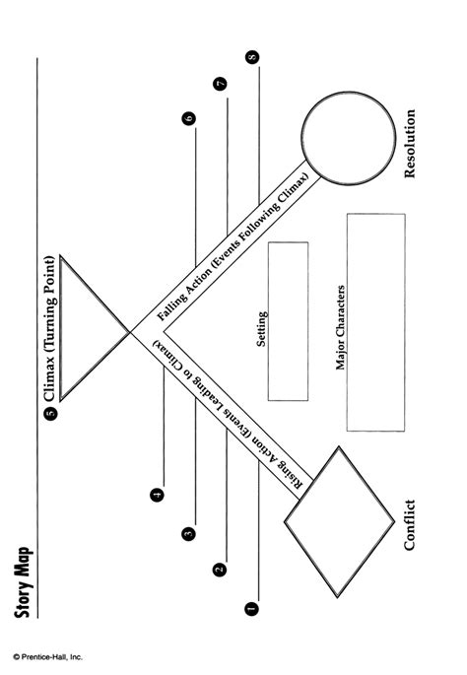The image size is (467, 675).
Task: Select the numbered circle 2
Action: click(x=220, y=569)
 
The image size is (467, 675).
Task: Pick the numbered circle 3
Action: click(x=188, y=533)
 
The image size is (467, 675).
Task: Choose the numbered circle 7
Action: click(x=221, y=84)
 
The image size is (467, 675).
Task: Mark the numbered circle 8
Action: click(x=254, y=58)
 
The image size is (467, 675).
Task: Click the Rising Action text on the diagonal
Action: click(x=233, y=413)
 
